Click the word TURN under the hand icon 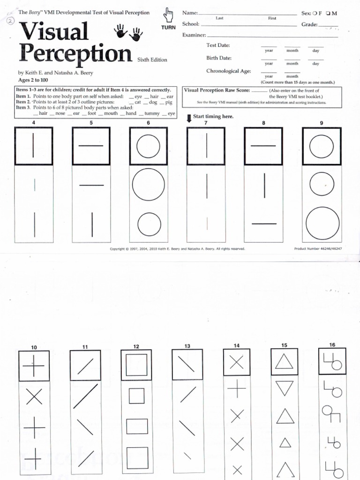tap(168, 28)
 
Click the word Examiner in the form tap(194, 35)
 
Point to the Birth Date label tap(219, 58)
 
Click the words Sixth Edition tap(152, 60)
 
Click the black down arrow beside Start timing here tap(188, 118)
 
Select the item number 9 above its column tap(322, 123)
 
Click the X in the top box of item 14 tap(237, 362)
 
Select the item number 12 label tap(136, 347)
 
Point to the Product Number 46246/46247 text tap(317, 248)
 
